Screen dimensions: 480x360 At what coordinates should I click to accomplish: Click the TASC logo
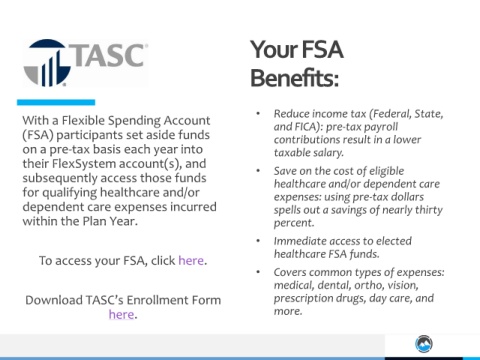86,63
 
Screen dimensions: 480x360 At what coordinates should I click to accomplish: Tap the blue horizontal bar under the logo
56,102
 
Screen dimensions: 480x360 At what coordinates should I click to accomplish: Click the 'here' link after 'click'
191,260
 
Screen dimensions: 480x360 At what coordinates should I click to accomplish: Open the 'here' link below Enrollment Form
121,314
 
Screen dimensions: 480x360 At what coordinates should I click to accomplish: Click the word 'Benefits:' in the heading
295,78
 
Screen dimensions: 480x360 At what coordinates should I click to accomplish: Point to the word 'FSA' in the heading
322,49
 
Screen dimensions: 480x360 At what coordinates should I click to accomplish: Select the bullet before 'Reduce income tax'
258,114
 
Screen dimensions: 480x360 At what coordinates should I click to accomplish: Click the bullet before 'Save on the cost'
258,171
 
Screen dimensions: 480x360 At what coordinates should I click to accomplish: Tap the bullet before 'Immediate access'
258,241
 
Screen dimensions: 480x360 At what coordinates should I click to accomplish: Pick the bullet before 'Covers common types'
258,272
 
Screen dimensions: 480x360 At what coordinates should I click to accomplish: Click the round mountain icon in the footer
424,344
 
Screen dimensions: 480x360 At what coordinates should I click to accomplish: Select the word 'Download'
54,300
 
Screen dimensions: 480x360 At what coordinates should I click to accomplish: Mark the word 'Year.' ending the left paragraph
123,221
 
